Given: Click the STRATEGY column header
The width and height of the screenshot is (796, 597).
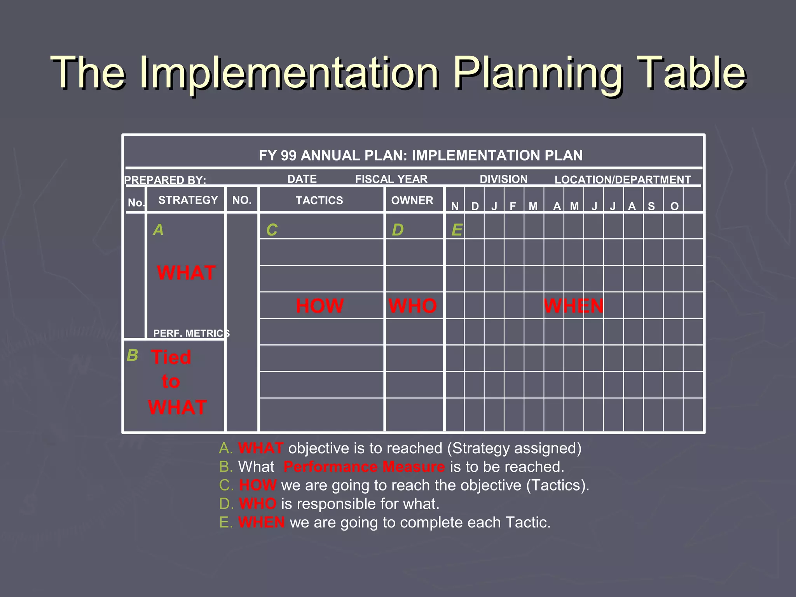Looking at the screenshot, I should [188, 200].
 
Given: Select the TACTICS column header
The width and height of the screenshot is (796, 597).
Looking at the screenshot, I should [319, 201].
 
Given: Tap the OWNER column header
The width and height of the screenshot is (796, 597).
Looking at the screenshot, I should [412, 201].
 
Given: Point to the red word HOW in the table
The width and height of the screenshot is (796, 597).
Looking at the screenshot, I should [319, 306].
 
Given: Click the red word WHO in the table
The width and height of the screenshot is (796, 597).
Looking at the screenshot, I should [413, 306].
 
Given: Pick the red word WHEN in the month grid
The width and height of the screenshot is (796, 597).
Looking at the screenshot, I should [573, 306].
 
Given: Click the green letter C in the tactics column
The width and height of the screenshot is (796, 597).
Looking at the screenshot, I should [272, 230].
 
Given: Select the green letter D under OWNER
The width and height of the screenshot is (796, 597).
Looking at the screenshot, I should [397, 230].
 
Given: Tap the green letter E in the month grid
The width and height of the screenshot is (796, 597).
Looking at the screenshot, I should [457, 230].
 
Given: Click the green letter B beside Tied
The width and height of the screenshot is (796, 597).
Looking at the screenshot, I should [132, 355].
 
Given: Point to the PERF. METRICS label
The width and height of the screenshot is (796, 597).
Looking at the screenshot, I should [191, 333].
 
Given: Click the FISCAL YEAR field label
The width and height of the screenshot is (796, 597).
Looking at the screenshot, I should [391, 179].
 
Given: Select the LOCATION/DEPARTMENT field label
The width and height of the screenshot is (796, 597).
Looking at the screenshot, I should [622, 180].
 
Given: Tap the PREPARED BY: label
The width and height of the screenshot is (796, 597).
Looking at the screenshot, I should [165, 180].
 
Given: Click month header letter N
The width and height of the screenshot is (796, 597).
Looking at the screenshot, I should [455, 206].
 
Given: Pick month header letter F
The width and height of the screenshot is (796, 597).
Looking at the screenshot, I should [513, 206].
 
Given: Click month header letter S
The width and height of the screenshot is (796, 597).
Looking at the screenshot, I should [651, 206].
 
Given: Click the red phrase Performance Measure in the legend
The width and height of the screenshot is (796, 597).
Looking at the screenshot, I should [364, 467].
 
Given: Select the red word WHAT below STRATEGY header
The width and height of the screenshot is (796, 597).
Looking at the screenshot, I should [186, 273].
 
